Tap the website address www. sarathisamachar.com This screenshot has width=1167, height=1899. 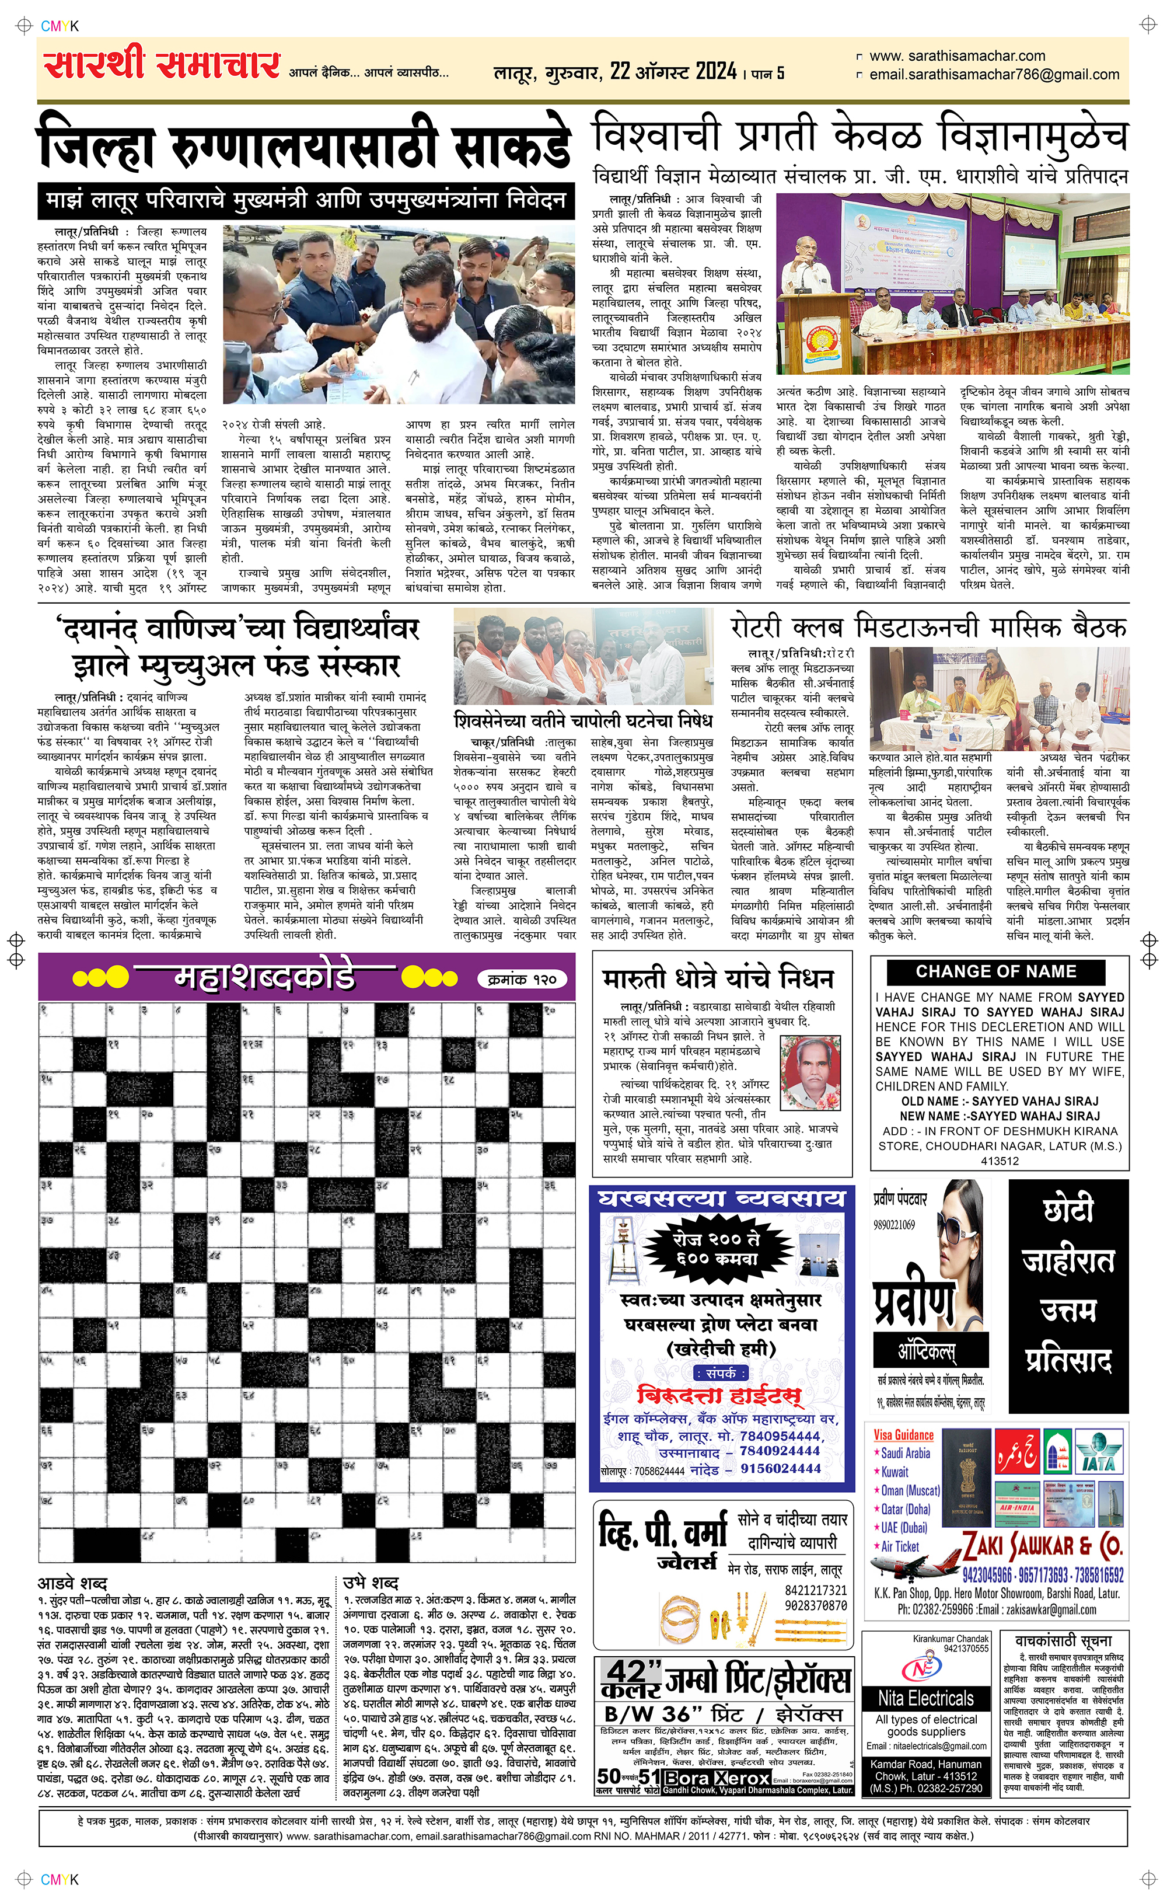(x=957, y=57)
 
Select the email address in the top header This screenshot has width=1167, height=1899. (x=994, y=75)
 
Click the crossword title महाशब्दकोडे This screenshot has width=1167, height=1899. (x=265, y=977)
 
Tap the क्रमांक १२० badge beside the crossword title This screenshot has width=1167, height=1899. (x=523, y=979)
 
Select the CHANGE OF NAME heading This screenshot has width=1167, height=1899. (x=995, y=971)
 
